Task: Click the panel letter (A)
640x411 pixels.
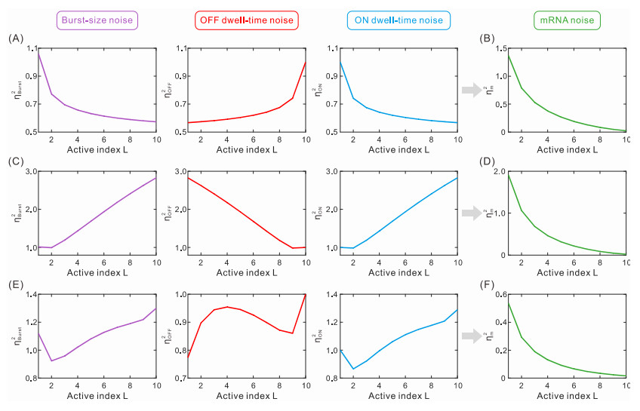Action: (15, 38)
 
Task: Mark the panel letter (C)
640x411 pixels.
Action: (15, 161)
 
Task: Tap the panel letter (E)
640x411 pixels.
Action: (15, 284)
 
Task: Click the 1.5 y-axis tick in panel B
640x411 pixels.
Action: (498, 49)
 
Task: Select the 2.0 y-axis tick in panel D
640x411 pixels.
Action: (498, 172)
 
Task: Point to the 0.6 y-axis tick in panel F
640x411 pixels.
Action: (498, 295)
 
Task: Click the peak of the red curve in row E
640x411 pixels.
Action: (227, 307)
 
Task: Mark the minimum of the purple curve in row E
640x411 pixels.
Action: (51, 360)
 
